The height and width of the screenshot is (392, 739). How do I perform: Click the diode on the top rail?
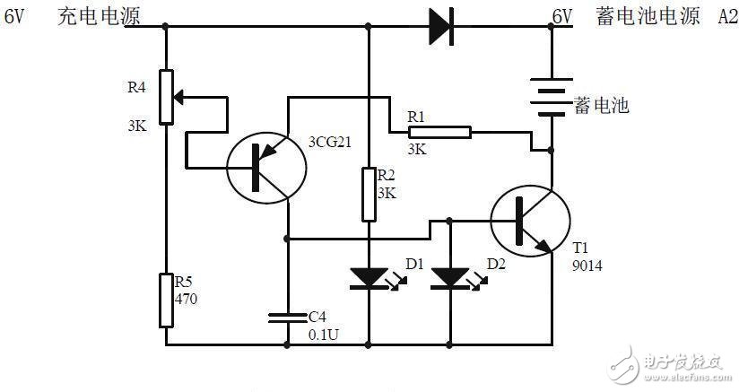coord(440,26)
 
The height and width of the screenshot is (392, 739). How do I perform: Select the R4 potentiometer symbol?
coord(166,96)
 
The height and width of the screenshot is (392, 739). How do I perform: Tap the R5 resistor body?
coord(166,301)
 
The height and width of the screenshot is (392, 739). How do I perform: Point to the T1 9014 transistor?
coord(530,222)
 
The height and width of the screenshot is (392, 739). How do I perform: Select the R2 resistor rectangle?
coord(369,194)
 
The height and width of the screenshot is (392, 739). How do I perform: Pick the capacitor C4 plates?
coord(288,317)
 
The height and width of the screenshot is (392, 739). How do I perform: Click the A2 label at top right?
coord(726,17)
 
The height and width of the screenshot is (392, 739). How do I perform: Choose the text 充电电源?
coord(89,17)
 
